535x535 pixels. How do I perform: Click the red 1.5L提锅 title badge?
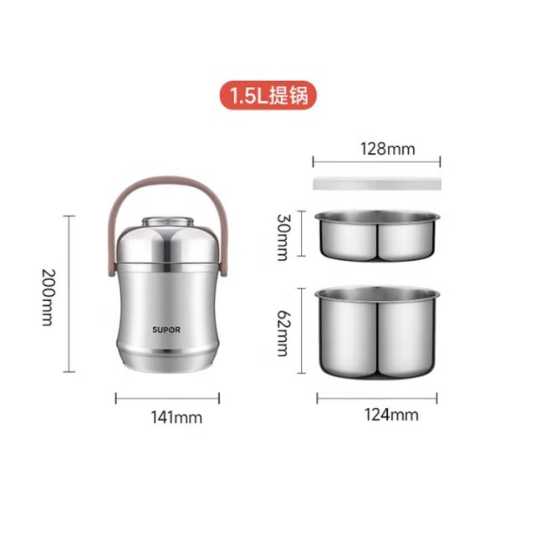tap(267, 95)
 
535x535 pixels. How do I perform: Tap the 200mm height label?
tap(48, 298)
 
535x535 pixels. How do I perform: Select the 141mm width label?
tap(176, 417)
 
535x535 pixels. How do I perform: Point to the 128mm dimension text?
tap(388, 149)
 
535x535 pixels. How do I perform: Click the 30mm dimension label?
tap(283, 237)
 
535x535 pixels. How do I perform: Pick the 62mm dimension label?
tap(283, 333)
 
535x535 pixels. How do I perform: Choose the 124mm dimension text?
tap(391, 415)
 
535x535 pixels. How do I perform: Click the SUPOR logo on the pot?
tap(166, 329)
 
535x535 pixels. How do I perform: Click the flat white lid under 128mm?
tap(377, 183)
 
